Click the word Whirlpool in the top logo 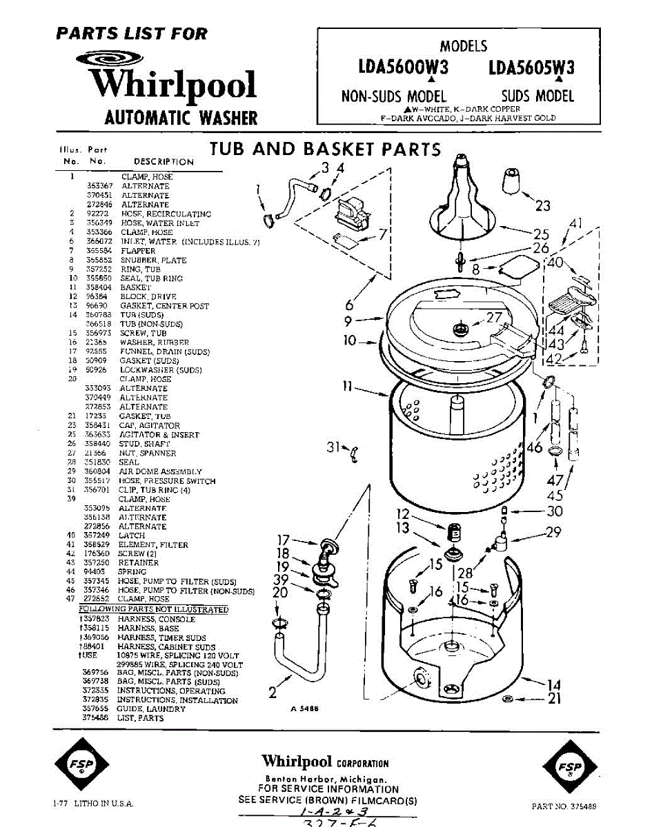(x=174, y=85)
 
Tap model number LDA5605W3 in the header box (x=531, y=68)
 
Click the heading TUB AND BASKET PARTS (x=325, y=149)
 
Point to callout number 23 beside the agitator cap (x=543, y=205)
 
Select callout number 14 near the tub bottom (x=554, y=684)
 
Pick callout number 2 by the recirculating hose (x=273, y=691)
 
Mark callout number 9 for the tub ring (x=348, y=320)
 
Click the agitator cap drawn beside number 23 (x=512, y=181)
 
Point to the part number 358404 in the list (x=98, y=287)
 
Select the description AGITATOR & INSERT (x=159, y=435)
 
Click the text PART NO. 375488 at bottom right (x=564, y=806)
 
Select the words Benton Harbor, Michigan (x=327, y=778)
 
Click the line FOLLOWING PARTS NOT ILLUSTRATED (x=153, y=609)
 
